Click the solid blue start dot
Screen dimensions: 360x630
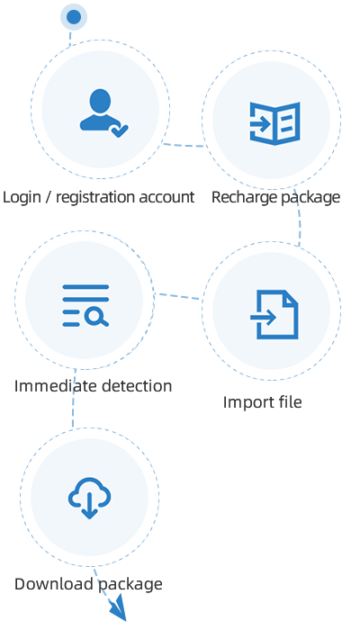(74, 17)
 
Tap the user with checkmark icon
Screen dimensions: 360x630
(103, 112)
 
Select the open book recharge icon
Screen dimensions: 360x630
(274, 123)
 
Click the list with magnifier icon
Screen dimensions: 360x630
(85, 305)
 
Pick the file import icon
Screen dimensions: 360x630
(274, 314)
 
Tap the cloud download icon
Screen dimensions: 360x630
(89, 498)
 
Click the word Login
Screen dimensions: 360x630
(22, 198)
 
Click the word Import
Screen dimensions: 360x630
(244, 402)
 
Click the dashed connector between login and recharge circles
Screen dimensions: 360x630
(184, 145)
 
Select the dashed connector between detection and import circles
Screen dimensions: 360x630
(177, 296)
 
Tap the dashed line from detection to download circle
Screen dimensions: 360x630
(74, 398)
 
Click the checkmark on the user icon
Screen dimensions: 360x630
(120, 130)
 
